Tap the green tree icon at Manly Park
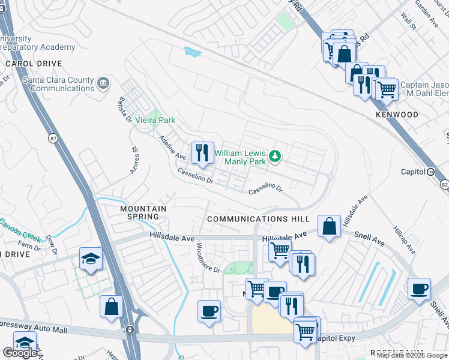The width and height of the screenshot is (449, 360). [276, 156]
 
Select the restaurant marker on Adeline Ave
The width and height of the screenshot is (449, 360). [202, 152]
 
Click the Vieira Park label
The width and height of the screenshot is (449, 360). [155, 120]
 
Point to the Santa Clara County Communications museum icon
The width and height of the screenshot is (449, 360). [103, 83]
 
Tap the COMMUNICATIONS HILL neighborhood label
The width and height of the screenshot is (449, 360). [258, 220]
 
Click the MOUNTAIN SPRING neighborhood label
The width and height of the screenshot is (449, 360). [143, 212]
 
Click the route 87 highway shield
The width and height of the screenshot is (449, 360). [52, 138]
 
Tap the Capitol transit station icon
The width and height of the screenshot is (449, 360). [431, 172]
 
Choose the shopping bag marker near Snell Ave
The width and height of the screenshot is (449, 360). [330, 227]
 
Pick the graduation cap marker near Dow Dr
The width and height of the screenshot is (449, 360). [91, 258]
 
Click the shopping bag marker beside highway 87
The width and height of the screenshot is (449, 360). [112, 307]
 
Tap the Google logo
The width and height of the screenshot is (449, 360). [20, 353]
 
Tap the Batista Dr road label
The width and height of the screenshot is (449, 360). [125, 109]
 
